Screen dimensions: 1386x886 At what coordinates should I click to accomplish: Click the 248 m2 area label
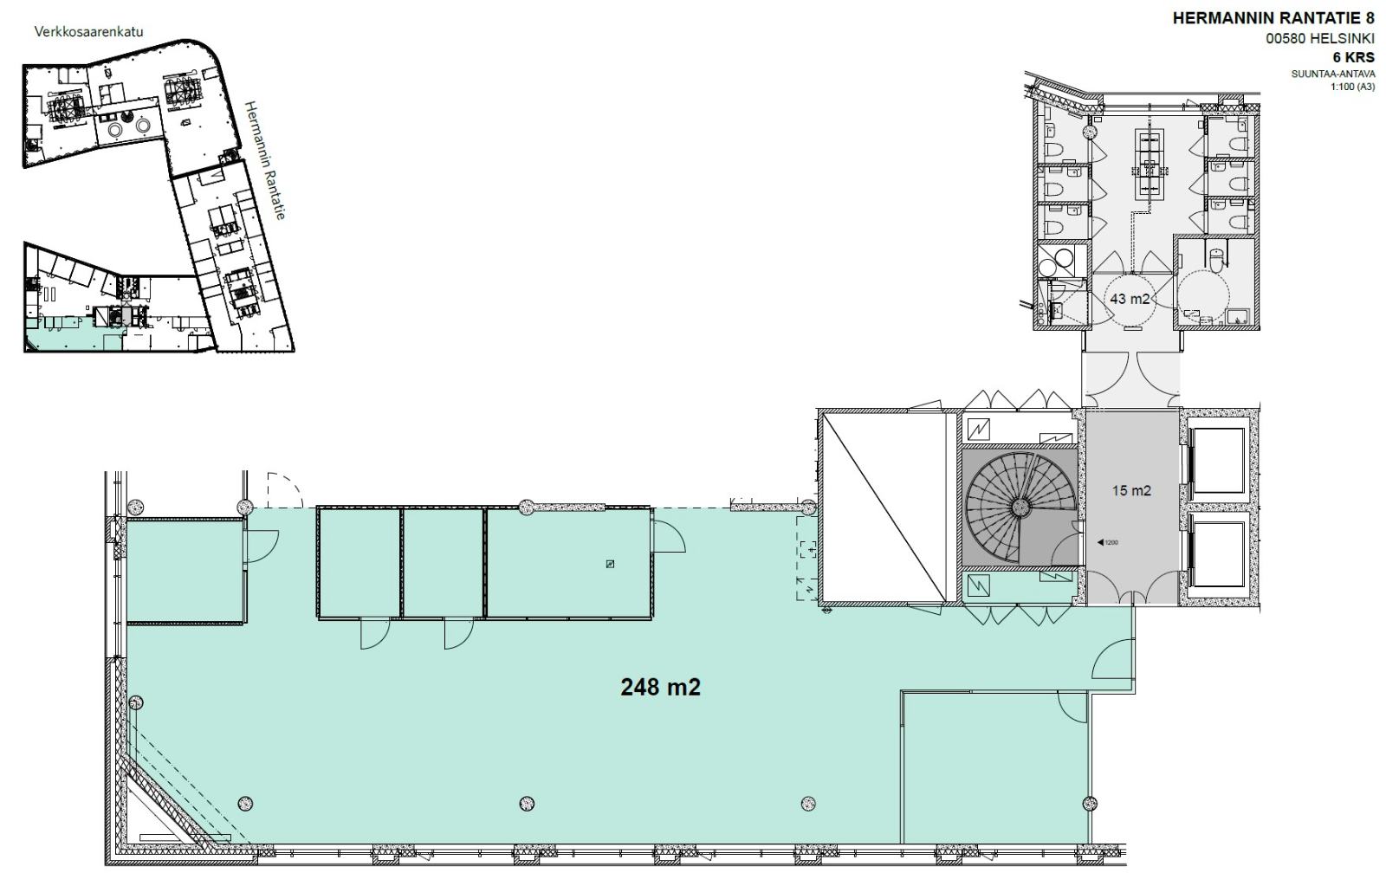[660, 687]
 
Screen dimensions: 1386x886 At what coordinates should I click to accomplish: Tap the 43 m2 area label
[1130, 300]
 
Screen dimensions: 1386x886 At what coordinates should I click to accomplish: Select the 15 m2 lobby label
[1131, 491]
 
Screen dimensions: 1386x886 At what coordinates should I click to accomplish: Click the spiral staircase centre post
[1020, 508]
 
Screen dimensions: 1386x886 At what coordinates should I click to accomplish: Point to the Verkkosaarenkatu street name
[88, 31]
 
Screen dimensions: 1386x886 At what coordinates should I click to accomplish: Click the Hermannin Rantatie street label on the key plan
[265, 160]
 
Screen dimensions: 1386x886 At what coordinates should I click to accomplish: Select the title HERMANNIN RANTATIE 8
[1273, 18]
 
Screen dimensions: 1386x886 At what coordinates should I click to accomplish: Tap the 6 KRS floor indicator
[1354, 57]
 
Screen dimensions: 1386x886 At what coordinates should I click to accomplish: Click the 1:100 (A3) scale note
[1352, 87]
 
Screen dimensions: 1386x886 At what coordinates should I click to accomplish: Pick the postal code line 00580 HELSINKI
[1320, 38]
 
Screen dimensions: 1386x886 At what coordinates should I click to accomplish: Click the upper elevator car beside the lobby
[1218, 461]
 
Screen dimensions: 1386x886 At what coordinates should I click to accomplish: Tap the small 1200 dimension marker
[1107, 543]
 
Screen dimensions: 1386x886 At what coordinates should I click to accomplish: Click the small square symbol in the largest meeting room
[610, 564]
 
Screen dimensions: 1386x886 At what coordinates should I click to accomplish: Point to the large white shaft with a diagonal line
[883, 508]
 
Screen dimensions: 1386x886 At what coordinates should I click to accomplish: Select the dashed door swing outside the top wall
[285, 490]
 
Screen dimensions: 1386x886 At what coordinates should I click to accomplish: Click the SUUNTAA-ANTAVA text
[1333, 74]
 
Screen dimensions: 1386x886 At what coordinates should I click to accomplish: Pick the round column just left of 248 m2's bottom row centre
[527, 804]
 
